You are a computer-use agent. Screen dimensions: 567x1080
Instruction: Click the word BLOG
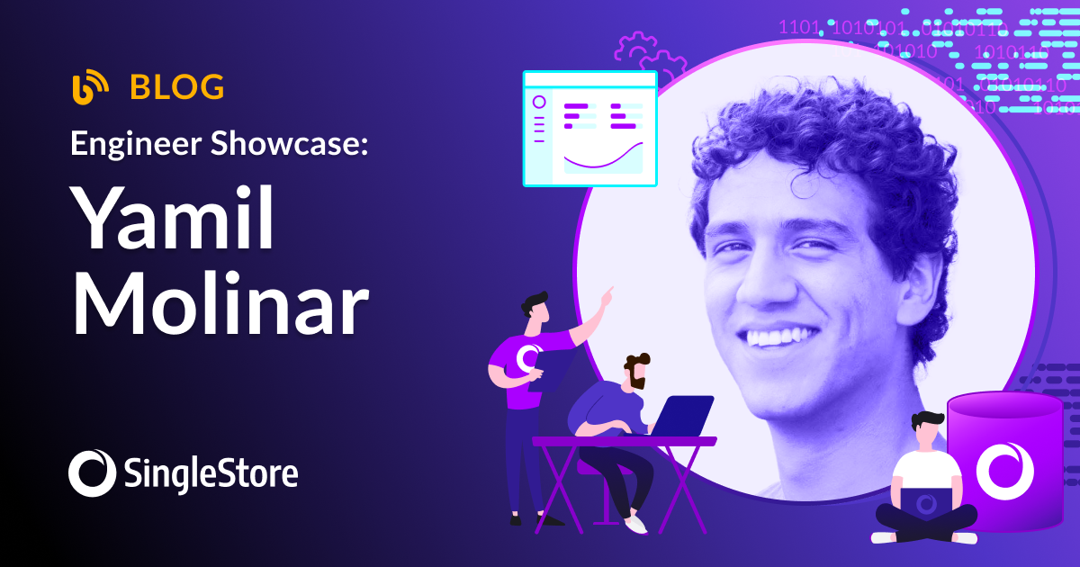(176, 87)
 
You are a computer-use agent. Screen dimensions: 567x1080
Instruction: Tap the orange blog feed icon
(90, 87)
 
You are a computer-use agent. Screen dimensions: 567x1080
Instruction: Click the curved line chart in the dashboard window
(602, 160)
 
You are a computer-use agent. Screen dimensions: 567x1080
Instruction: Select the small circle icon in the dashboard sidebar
(539, 102)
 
